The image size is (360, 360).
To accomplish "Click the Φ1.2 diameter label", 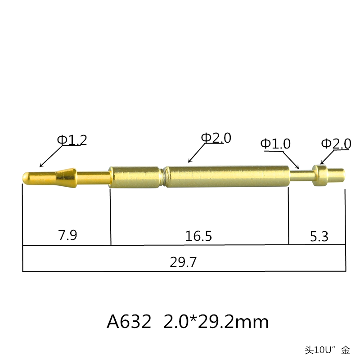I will coord(72,140).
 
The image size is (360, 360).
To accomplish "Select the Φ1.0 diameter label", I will coord(275,144).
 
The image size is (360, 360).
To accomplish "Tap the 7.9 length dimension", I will coord(67,235).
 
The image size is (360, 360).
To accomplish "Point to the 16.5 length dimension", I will coord(198,235).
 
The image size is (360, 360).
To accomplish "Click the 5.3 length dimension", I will coord(319,235).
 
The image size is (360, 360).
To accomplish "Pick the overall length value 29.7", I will coord(183,262).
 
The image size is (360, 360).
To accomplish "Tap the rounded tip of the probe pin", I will coord(27,176).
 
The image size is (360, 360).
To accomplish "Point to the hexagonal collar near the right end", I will coord(319,175).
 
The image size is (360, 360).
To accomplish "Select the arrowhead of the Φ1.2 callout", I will coord(41,166).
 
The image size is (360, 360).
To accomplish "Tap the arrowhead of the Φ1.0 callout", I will coord(297,167).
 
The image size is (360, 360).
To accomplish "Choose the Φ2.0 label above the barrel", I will coord(216,138).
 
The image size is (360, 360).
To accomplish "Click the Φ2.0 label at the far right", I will coord(336,144).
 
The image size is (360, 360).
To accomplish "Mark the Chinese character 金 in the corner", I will coord(345,349).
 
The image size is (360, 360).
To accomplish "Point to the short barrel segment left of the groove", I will coord(135,175).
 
